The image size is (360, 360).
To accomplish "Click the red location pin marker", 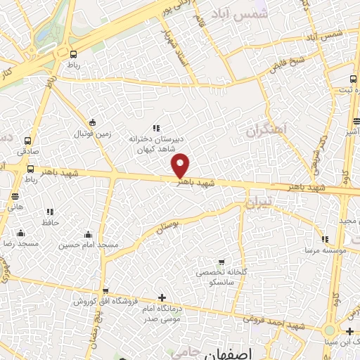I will point(181,165).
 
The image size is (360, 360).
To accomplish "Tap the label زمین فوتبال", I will point(92,134).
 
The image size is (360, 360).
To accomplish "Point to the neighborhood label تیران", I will point(257,203).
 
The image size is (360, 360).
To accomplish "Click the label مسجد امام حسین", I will point(88,245).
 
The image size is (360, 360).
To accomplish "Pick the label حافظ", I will point(50,221).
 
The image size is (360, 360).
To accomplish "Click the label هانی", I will point(15,207).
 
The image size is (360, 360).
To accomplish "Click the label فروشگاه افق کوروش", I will point(105,301).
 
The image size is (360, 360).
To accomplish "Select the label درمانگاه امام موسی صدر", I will point(162,313).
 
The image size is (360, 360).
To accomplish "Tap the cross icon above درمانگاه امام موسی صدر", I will point(162,297).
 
